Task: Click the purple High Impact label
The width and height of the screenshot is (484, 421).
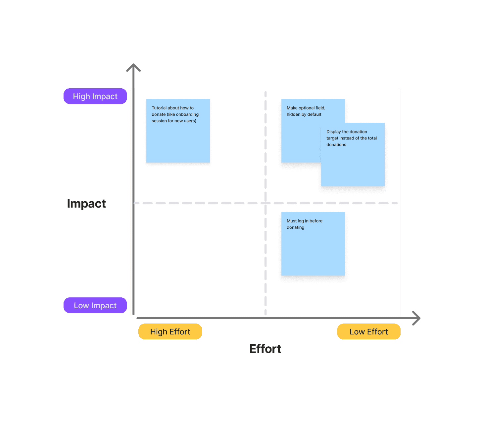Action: [x=95, y=96]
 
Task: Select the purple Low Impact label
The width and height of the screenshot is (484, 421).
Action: [x=95, y=305]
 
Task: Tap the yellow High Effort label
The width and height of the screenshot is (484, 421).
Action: [x=170, y=331]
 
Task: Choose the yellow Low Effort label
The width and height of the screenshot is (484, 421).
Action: [x=368, y=331]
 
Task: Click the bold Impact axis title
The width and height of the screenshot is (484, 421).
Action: [x=86, y=204]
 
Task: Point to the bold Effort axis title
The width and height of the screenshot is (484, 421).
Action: [x=265, y=349]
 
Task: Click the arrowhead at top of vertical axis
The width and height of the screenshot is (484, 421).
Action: [x=133, y=66]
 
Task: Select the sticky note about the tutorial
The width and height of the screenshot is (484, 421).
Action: [x=178, y=139]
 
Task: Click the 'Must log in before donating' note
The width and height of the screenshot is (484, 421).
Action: [x=313, y=248]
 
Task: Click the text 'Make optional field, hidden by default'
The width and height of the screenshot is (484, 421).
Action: [x=306, y=111]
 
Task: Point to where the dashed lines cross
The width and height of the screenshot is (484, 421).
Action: [x=266, y=203]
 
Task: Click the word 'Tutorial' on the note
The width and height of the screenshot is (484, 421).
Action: [x=159, y=108]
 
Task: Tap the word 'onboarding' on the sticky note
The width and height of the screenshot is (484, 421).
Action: [x=187, y=114]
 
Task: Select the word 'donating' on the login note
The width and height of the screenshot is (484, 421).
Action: [x=295, y=227]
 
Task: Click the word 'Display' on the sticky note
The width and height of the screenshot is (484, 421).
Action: [x=333, y=132]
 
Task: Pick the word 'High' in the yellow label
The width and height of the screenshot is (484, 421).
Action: [x=159, y=331]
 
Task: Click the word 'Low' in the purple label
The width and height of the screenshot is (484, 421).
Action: [x=81, y=305]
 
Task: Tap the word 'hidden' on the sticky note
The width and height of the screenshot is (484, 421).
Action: [x=293, y=114]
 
